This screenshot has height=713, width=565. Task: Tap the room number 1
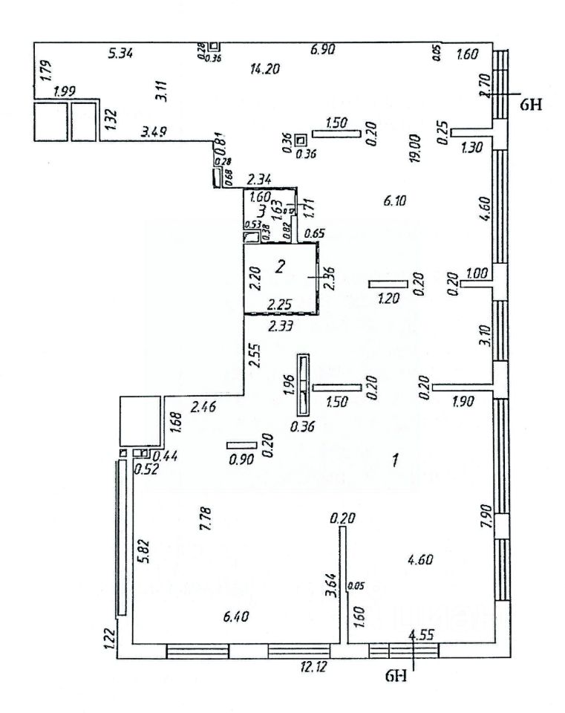[396, 460]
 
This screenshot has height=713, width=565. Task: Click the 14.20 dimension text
[265, 69]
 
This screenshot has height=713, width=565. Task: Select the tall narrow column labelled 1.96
[303, 384]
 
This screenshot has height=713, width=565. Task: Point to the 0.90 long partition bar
[241, 445]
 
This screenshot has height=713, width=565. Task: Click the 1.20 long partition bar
[388, 284]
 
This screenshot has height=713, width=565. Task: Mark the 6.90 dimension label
[323, 50]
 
